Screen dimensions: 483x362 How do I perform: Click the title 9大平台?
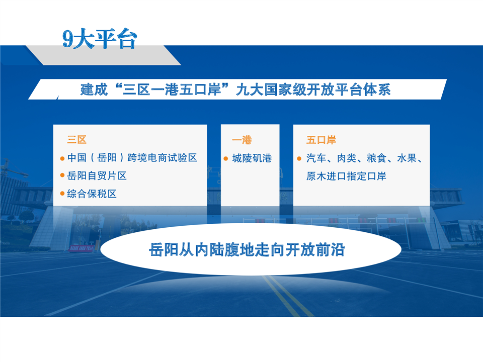click(100, 39)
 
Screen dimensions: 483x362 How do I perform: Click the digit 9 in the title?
click(68, 39)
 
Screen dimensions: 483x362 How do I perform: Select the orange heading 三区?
click(76, 140)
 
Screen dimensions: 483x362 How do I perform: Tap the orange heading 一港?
click(242, 140)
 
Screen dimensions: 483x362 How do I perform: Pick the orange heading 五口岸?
click(321, 140)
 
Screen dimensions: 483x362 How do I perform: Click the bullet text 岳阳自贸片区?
click(97, 176)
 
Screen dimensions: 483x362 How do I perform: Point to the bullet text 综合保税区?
click(92, 194)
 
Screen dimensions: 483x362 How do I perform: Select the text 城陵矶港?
click(252, 158)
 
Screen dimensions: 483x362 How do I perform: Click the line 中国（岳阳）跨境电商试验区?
click(132, 157)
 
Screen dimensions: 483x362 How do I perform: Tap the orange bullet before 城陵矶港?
click(226, 158)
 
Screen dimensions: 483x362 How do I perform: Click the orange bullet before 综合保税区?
click(62, 194)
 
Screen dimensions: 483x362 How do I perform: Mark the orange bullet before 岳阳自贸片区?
click(62, 175)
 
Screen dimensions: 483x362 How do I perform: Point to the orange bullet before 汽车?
click(299, 158)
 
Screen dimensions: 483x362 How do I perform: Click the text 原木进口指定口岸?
click(346, 176)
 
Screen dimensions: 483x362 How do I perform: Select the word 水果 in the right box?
click(407, 158)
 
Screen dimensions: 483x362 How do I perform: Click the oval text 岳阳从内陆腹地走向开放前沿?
click(247, 250)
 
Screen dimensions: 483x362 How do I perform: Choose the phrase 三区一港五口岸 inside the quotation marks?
click(172, 89)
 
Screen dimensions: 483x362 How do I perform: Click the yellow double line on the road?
click(286, 296)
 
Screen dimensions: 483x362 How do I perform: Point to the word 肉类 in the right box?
click(347, 158)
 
